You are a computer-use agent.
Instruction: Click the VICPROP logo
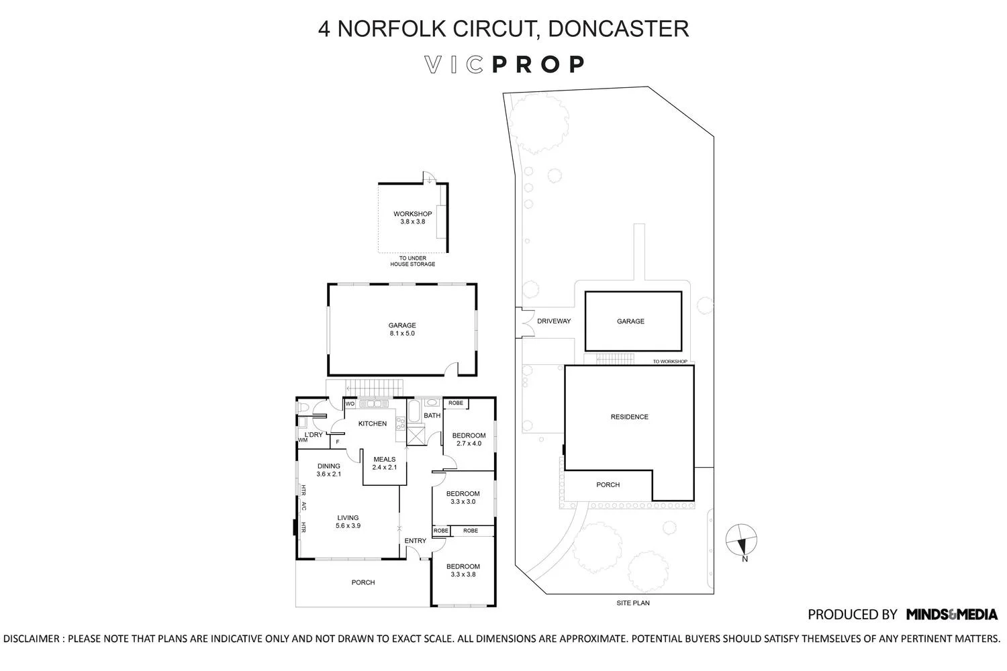click(x=504, y=64)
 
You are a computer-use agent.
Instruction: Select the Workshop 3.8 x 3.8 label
click(x=412, y=217)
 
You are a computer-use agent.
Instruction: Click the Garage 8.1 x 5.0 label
click(x=402, y=329)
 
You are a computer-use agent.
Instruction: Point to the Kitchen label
click(x=372, y=423)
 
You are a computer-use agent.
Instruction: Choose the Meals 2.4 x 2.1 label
click(x=384, y=464)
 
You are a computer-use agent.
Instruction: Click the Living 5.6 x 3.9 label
click(x=348, y=521)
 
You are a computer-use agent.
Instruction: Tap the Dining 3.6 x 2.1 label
click(x=329, y=470)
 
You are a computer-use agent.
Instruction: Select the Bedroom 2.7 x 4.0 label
click(x=470, y=439)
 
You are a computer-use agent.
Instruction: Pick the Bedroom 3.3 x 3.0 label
click(x=463, y=497)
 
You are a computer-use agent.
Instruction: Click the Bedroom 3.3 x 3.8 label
click(x=463, y=570)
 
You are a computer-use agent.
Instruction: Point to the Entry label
click(x=415, y=541)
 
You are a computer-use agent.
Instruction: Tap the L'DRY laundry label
click(x=314, y=435)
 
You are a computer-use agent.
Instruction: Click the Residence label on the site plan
click(x=629, y=417)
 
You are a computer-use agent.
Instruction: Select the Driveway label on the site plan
click(x=554, y=321)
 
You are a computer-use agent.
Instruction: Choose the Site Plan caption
click(x=632, y=603)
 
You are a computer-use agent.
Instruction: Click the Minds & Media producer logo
click(x=951, y=614)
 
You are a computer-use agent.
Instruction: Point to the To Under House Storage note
click(x=412, y=261)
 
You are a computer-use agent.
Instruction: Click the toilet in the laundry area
click(x=304, y=407)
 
